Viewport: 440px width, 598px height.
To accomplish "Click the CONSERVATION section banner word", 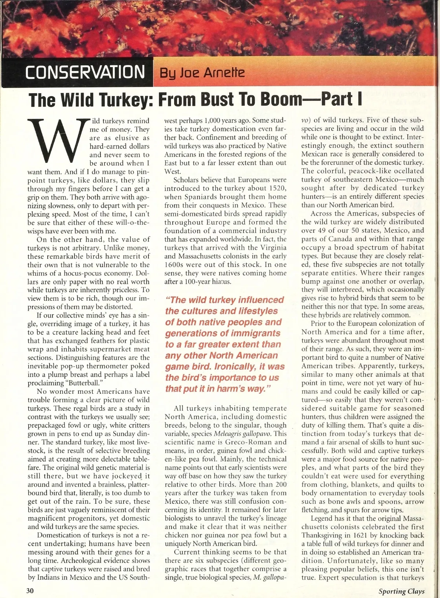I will (x=85, y=72).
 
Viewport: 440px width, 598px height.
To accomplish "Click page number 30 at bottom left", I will (x=30, y=590).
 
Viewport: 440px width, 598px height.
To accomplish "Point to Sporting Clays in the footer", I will (x=401, y=591).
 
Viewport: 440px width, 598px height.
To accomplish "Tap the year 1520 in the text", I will (x=278, y=188).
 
